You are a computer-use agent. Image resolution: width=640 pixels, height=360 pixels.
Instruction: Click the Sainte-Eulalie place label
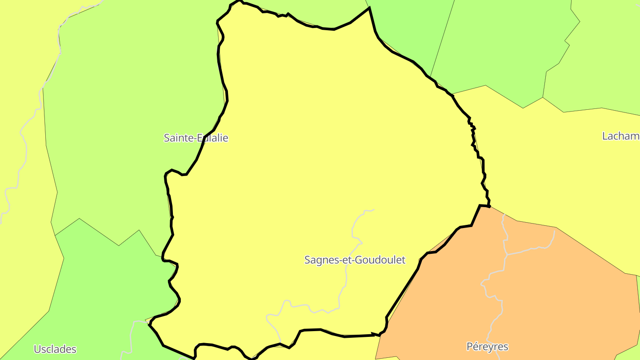coord(196,138)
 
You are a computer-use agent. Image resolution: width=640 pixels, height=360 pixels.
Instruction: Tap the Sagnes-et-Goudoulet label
coord(355,260)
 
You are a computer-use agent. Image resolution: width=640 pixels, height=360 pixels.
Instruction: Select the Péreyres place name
coord(487,346)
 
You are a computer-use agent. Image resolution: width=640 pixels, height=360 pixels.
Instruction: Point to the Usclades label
coord(55,349)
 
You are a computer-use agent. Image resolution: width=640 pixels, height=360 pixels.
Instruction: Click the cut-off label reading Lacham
coord(620,136)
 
